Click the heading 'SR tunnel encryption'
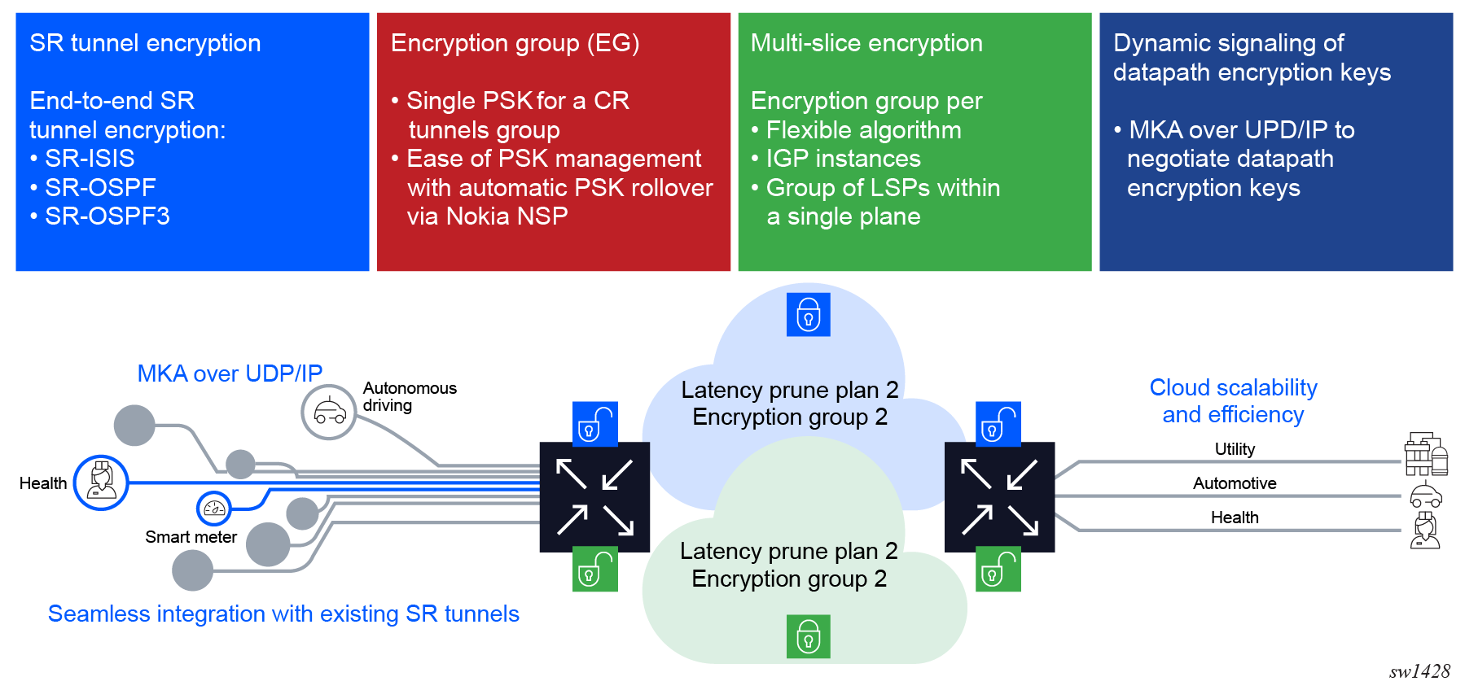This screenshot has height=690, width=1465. (x=145, y=43)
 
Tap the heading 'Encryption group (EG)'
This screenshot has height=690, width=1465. (x=515, y=43)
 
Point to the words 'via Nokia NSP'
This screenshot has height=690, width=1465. (x=487, y=216)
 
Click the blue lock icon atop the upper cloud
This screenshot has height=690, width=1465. (x=809, y=314)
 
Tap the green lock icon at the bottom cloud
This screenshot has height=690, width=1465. (x=809, y=636)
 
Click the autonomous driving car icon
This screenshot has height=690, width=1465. (x=329, y=413)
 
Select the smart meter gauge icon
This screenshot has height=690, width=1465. (x=214, y=509)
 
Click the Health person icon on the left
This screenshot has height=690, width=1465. (x=101, y=483)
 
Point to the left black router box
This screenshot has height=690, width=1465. (x=594, y=497)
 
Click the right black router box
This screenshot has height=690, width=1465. (x=999, y=497)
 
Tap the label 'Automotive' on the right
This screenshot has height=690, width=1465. (x=1235, y=483)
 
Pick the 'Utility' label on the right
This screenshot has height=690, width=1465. (x=1235, y=449)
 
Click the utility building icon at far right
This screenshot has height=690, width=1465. (x=1426, y=454)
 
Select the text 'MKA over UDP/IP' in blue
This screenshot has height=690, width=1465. (x=230, y=373)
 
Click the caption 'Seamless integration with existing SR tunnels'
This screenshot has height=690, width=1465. (x=283, y=614)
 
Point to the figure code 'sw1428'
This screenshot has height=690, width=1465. (x=1419, y=671)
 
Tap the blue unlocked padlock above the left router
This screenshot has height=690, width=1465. (x=595, y=424)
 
